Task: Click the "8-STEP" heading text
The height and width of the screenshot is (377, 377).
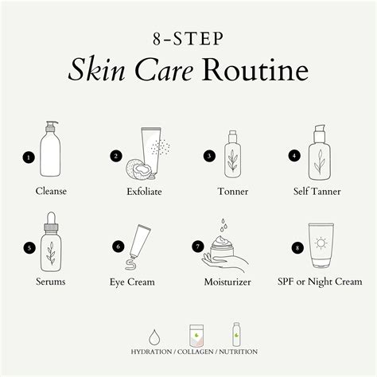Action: click(x=188, y=38)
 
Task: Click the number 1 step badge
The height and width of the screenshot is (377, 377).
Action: click(x=29, y=157)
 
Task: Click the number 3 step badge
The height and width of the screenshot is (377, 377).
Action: click(x=209, y=157)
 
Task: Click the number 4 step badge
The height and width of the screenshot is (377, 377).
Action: click(x=293, y=157)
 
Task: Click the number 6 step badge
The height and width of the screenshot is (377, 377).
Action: click(x=119, y=247)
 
